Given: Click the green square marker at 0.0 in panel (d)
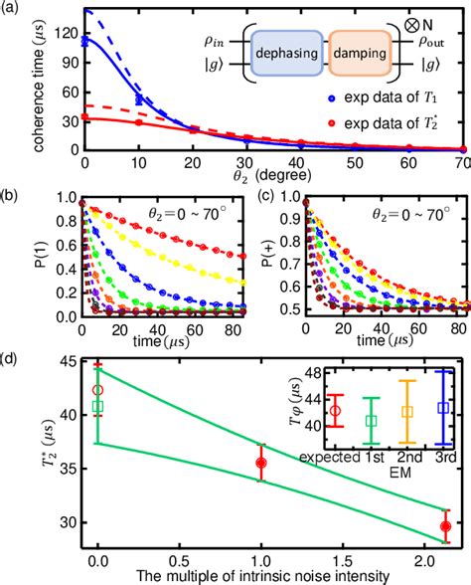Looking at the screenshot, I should point(97,406).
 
